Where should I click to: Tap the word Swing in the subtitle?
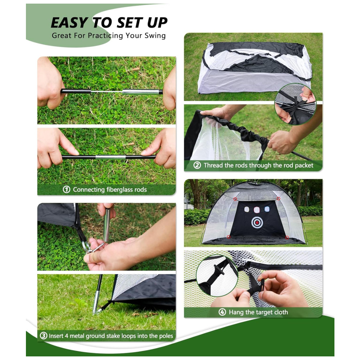point(155,36)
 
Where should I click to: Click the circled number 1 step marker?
point(66,189)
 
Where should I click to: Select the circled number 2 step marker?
point(197,165)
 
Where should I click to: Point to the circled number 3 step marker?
point(44,336)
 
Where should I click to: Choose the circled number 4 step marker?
point(222,312)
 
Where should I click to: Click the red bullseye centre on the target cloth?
point(257,222)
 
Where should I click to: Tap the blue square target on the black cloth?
point(267,209)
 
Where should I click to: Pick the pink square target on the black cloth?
point(256,210)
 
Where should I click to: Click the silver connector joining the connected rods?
point(111,157)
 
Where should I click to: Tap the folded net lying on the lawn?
point(255,67)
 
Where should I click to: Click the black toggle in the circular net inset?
point(219,270)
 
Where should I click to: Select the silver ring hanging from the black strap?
point(86,246)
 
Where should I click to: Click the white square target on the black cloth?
point(247,209)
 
